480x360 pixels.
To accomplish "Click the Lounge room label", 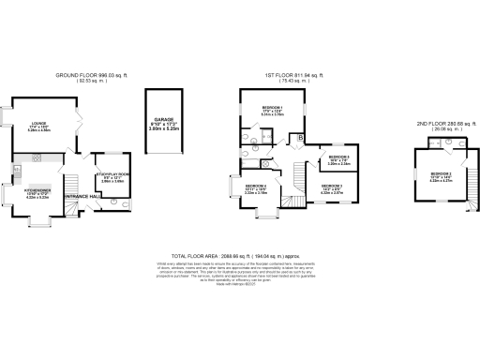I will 39,128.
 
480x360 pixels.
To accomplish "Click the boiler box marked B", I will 299,139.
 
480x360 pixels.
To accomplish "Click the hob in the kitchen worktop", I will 17,169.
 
